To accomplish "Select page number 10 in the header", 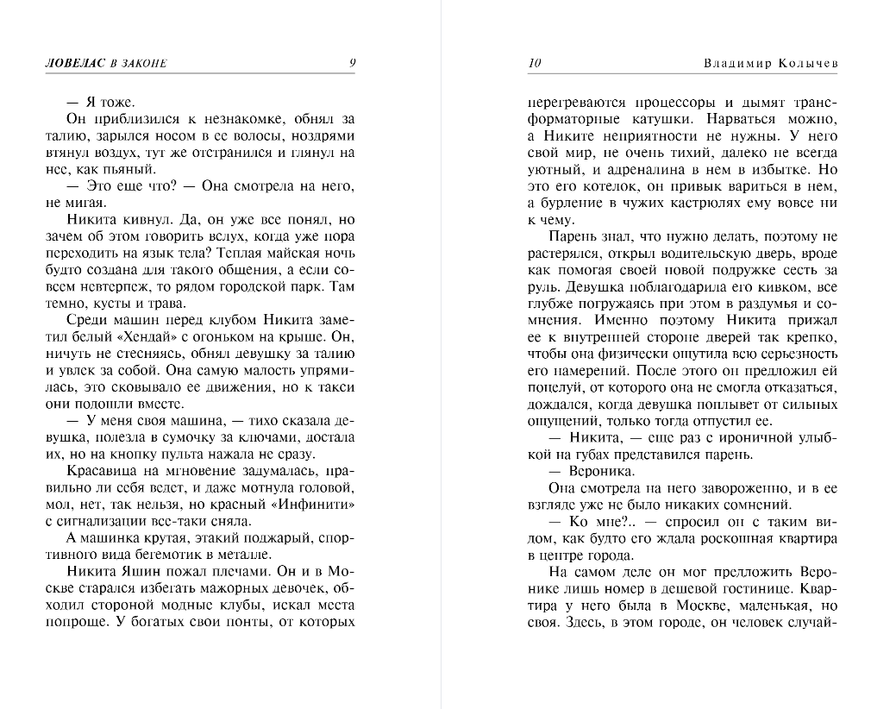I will pyautogui.click(x=534, y=63).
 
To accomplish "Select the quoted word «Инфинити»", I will pyautogui.click(x=319, y=504).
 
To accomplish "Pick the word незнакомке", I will pyautogui.click(x=214, y=119).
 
